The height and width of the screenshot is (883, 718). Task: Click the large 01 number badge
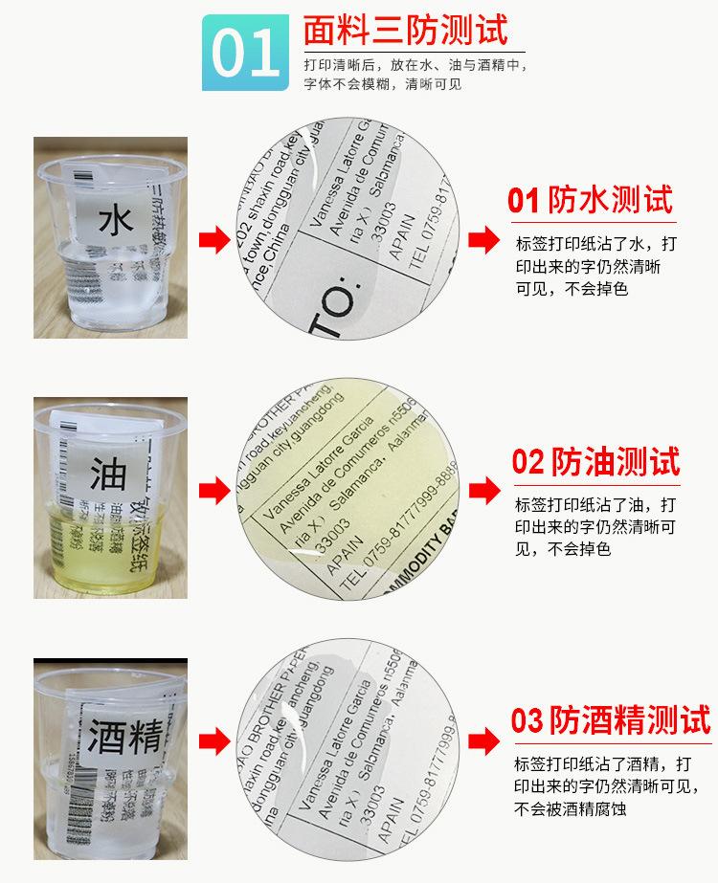coord(245,55)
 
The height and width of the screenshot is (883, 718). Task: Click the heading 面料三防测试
coord(405,31)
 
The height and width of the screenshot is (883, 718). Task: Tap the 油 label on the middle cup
coord(108,474)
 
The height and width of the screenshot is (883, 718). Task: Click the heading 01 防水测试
coord(590,200)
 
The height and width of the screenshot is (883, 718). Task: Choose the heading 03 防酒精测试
coord(611,720)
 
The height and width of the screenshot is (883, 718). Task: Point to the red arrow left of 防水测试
coord(483,238)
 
